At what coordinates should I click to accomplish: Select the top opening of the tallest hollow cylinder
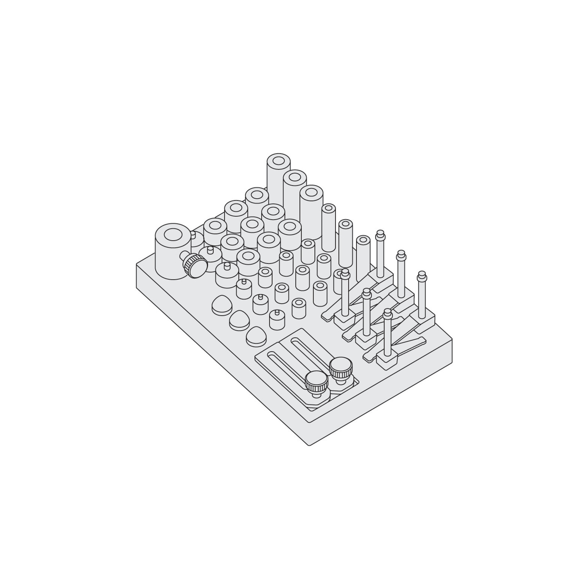pos(278,161)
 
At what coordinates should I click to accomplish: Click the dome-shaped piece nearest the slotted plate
pos(255,335)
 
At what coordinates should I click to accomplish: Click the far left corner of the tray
pos(137,264)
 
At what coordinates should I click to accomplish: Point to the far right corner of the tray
pos(452,340)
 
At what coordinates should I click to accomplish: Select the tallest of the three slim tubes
pos(329,227)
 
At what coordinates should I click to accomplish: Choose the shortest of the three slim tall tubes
pos(364,257)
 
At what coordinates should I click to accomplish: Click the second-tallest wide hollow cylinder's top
pos(295,177)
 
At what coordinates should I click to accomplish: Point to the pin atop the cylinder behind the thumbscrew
pos(193,235)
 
